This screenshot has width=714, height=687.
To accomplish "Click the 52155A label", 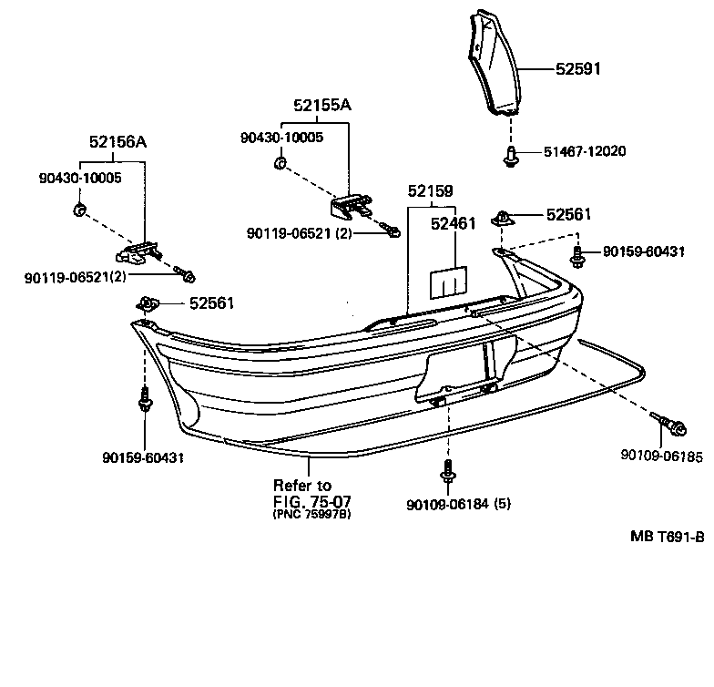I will coord(321,106).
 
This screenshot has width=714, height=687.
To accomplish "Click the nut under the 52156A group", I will coord(78,211).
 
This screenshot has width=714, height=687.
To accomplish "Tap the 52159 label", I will coord(430,192).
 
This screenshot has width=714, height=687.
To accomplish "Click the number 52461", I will coord(454,223).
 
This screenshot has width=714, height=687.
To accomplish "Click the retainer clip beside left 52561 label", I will coord(147,302).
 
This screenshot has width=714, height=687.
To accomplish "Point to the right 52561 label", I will coord(568,215).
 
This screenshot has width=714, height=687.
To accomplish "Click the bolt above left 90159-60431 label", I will coord(144,400).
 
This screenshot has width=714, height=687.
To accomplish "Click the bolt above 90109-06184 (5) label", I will coord(448,471).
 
